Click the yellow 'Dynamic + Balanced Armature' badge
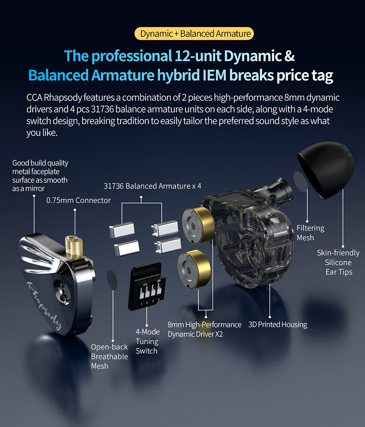[194, 34]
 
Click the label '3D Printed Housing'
[278, 324]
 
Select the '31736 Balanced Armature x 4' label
[152, 186]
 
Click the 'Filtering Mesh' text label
[310, 233]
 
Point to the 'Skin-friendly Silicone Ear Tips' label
[338, 263]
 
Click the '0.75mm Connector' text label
[78, 200]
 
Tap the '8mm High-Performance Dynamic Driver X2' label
[204, 329]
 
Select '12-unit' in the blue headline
[198, 56]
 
